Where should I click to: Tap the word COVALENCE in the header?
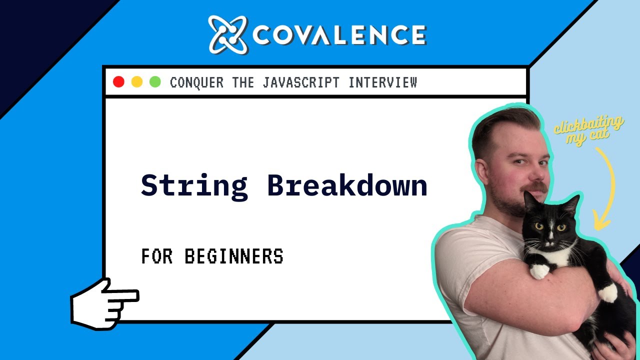(339, 35)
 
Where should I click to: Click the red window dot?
(118, 82)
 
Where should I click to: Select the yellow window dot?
(136, 82)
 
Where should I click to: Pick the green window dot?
(155, 82)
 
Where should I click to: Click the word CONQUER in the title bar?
(196, 82)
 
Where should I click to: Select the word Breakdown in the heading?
(347, 185)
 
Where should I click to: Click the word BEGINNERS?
(233, 256)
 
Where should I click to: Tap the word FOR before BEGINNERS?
(157, 256)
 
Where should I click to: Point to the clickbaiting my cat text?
(588, 130)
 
